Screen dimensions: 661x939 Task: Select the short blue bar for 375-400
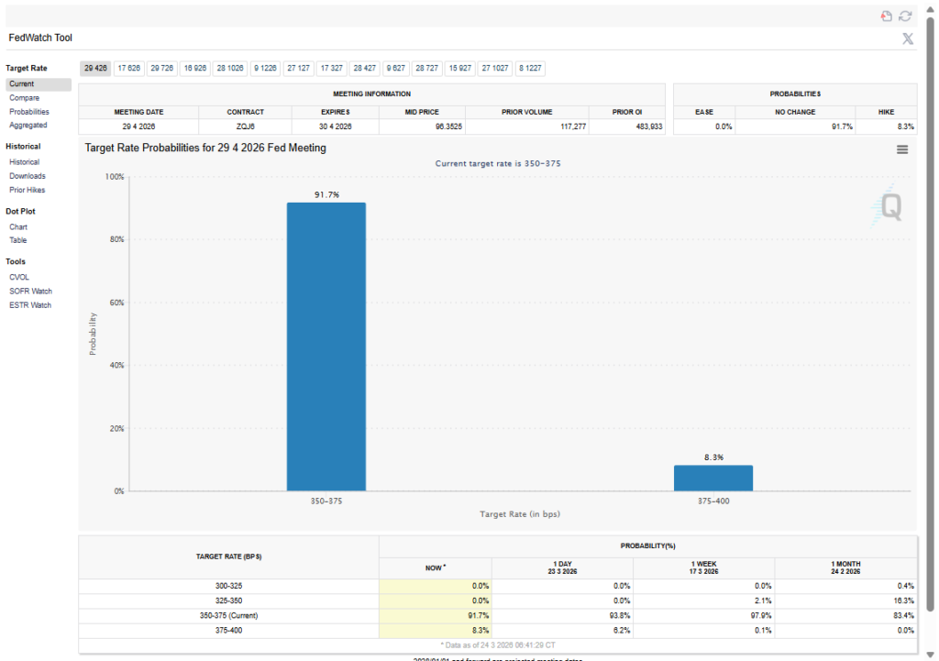713,478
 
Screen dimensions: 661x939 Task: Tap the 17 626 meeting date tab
129,68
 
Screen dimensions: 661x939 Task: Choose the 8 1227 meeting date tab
529,68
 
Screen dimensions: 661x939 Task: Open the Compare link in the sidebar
24,97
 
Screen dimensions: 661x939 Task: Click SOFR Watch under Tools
30,291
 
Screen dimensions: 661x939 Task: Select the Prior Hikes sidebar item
27,190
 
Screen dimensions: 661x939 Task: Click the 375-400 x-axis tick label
713,501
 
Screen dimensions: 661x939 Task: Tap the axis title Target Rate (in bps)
519,514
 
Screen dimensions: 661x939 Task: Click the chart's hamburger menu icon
902,149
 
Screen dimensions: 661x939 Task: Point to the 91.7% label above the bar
326,194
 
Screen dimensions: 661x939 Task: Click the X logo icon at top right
907,39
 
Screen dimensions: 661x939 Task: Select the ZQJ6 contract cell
245,127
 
